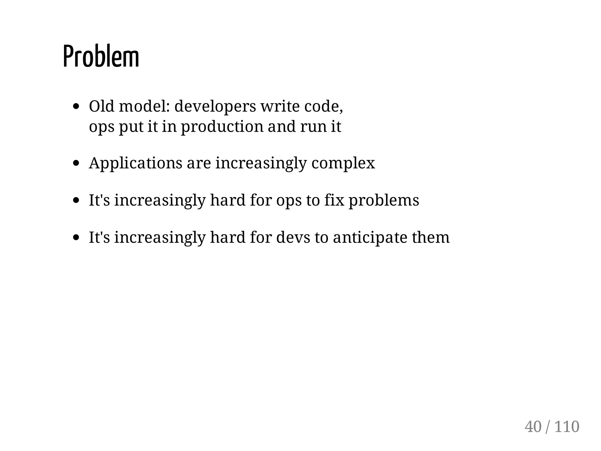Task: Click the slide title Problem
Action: (x=101, y=57)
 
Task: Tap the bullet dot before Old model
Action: (x=76, y=107)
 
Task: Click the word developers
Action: (x=215, y=106)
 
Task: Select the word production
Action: (x=222, y=127)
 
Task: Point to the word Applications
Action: (x=135, y=163)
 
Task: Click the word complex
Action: (x=343, y=163)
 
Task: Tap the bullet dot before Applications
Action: (x=76, y=163)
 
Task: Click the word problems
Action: (x=384, y=200)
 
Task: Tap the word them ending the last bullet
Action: (x=431, y=237)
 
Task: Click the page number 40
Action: (x=533, y=427)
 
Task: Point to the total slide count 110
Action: (x=567, y=427)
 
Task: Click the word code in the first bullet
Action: (x=323, y=106)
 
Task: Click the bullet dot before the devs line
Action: (x=76, y=238)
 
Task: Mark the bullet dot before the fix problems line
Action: (x=76, y=201)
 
